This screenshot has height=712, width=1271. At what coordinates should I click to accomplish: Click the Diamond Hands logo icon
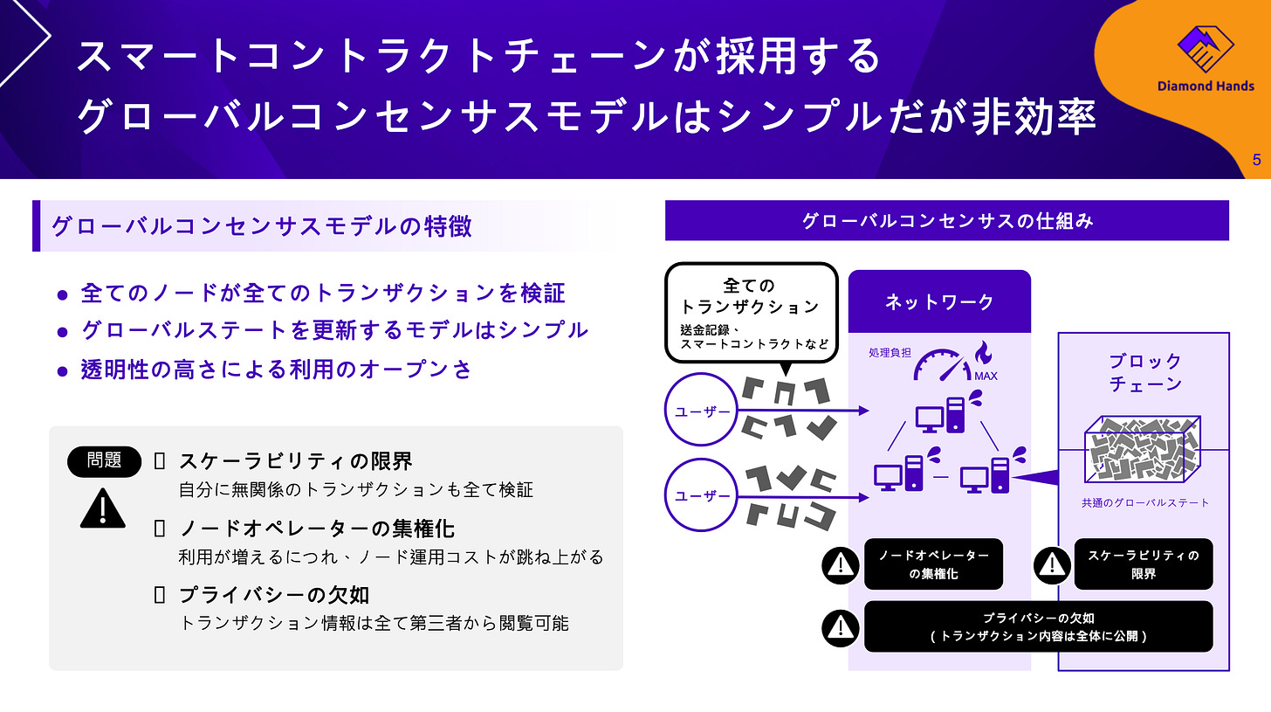tap(1205, 49)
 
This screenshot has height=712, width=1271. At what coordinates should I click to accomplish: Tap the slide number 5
tap(1256, 160)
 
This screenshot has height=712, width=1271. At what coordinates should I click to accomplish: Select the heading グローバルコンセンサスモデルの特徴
tap(262, 226)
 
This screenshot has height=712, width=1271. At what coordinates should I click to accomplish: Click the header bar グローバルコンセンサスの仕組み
tap(947, 220)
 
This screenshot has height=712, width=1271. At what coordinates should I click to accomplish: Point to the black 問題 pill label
tap(104, 460)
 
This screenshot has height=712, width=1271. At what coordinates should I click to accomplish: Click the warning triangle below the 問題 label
tap(103, 508)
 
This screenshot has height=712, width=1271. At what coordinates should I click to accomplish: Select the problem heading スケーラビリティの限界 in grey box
tap(295, 461)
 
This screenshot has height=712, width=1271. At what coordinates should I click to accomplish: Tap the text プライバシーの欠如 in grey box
tap(274, 595)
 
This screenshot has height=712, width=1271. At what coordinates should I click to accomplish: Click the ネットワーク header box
tap(939, 302)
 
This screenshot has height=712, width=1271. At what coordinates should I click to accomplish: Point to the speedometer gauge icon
tap(940, 365)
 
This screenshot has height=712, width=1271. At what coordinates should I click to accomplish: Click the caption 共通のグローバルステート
tap(1144, 502)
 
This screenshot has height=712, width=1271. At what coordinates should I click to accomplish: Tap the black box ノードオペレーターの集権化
tap(933, 564)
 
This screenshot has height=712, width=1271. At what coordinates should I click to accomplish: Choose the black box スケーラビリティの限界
tap(1143, 564)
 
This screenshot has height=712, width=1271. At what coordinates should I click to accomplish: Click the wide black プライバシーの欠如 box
tap(1038, 626)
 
